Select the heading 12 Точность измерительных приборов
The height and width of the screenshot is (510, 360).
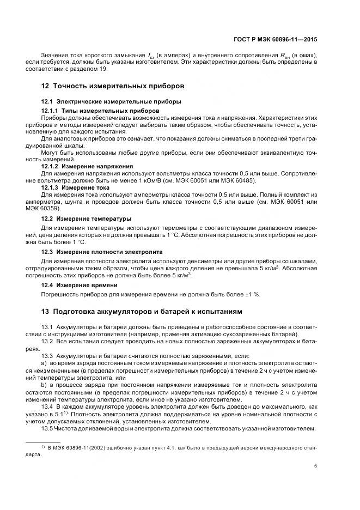(x=113, y=86)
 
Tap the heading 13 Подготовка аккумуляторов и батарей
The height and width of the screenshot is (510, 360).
(x=141, y=312)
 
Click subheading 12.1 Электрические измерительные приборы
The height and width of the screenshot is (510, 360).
(x=112, y=102)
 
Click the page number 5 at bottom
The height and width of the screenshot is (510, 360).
(x=316, y=466)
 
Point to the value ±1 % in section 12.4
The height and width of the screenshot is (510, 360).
(x=251, y=294)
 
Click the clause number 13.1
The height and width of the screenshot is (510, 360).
(x=48, y=326)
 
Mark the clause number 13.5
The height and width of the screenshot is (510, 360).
(x=48, y=429)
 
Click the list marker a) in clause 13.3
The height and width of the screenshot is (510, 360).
(x=44, y=362)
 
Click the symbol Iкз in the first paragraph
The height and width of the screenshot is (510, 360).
(x=151, y=55)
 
